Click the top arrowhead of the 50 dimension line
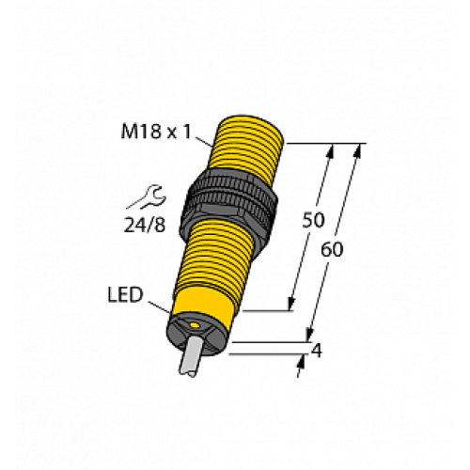[330, 150]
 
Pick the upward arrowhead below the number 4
[301, 367]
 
